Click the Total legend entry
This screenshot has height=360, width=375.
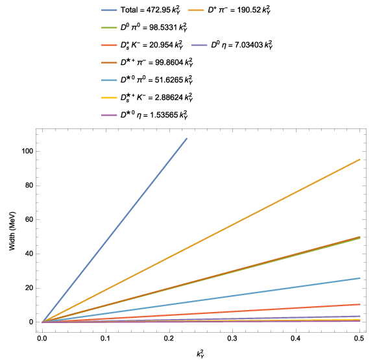point(141,10)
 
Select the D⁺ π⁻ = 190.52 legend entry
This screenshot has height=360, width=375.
point(230,10)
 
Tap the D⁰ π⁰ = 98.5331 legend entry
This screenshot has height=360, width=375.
point(145,27)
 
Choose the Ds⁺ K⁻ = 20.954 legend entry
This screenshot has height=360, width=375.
point(142,45)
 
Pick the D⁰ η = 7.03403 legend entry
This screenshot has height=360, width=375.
point(232,45)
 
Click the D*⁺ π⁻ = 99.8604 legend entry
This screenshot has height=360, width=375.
point(147,62)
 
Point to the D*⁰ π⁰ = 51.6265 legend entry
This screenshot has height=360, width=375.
point(147,80)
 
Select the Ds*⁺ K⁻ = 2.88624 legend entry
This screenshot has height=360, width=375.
point(147,97)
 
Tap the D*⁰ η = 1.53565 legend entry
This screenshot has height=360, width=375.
point(145,115)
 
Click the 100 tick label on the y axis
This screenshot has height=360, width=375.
point(27,151)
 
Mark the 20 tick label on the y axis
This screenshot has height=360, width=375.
point(29,288)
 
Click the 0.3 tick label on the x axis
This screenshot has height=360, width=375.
point(232,339)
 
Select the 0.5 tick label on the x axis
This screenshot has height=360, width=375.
point(359,339)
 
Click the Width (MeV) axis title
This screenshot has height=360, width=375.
point(12,231)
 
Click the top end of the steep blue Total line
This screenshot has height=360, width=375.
point(187,138)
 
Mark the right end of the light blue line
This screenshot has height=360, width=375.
point(359,278)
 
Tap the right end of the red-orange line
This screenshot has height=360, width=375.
point(359,304)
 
